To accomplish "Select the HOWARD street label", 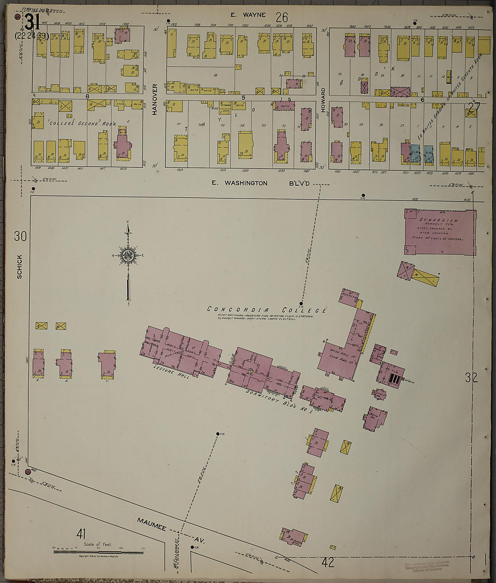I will (323, 98).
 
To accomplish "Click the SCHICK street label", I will (19, 266).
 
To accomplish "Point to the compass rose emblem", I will (129, 255).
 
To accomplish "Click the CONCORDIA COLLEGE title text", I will (266, 310).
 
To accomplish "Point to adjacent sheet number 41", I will (81, 534).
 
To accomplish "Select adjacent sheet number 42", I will (328, 563).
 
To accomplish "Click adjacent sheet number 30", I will (20, 236).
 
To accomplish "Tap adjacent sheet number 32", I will (471, 377).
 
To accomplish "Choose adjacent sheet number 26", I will (282, 17).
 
